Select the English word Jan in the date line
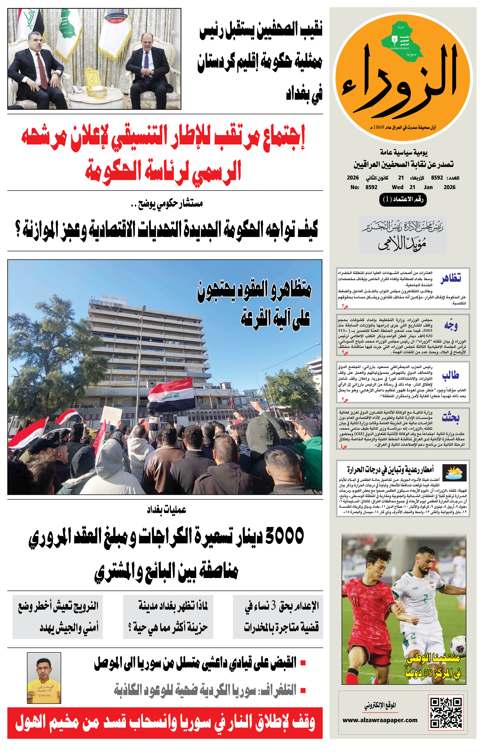point(428,187)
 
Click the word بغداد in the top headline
point(304,94)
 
